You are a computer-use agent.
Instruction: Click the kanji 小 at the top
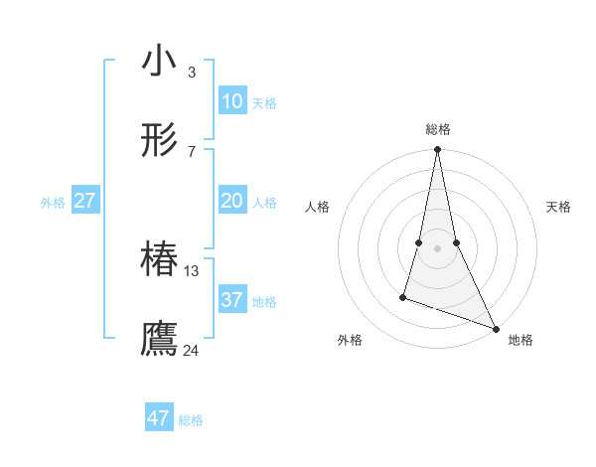[159, 62]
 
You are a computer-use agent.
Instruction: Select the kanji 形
[159, 142]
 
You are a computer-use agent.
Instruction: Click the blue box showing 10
[231, 101]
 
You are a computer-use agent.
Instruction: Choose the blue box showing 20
[231, 201]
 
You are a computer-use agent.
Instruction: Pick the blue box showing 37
[231, 300]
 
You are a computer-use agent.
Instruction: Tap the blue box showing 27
[84, 201]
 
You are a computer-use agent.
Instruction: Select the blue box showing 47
[159, 418]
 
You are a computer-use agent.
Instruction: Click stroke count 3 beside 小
[192, 72]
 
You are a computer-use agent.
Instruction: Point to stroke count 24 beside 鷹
[192, 350]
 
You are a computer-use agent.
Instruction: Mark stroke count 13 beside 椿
[192, 270]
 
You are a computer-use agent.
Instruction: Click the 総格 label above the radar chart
[438, 129]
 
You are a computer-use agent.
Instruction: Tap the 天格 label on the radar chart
[559, 207]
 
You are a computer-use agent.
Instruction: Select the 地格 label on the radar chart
[521, 341]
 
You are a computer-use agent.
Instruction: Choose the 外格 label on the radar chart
[350, 341]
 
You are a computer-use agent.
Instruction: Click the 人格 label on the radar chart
[318, 207]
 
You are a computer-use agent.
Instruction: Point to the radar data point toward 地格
[495, 328]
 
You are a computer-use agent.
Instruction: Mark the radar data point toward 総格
[437, 150]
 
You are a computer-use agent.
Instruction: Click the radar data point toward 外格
[403, 296]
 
